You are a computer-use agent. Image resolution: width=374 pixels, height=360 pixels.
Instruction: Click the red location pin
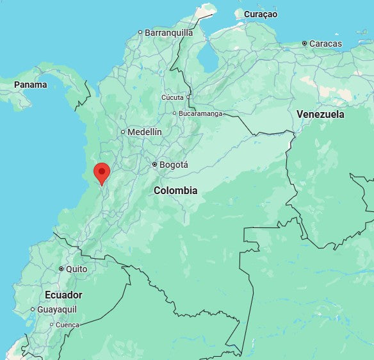101,172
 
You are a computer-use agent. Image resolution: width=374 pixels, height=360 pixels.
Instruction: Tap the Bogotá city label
174,165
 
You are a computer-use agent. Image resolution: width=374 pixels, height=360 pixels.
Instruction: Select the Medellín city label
144,132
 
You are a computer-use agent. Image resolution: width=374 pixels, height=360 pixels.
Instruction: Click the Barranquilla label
168,32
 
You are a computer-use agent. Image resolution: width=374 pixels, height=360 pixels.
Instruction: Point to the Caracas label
325,44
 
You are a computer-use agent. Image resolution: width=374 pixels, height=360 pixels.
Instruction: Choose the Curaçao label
260,13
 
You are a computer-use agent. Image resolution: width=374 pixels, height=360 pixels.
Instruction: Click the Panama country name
31,85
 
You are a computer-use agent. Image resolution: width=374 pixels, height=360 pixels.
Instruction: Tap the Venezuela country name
320,115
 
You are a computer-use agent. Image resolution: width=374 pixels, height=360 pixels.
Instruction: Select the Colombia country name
175,190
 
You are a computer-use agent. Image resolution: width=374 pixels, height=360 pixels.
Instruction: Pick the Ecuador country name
63,295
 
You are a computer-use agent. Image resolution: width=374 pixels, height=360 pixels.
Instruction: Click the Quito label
76,269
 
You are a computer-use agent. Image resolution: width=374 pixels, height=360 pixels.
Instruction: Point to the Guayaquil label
57,309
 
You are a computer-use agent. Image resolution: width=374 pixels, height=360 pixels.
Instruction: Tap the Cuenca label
67,325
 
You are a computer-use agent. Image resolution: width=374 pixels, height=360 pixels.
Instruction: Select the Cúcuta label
172,97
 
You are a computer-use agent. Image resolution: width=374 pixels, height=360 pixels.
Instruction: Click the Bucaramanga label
200,113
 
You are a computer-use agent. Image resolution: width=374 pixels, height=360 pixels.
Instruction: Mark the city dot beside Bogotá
154,165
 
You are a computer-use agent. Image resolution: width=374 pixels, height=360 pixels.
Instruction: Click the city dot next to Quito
61,269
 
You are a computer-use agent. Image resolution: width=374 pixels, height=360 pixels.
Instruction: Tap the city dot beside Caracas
305,44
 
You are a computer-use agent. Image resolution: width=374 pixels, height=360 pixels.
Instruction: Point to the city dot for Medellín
123,132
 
